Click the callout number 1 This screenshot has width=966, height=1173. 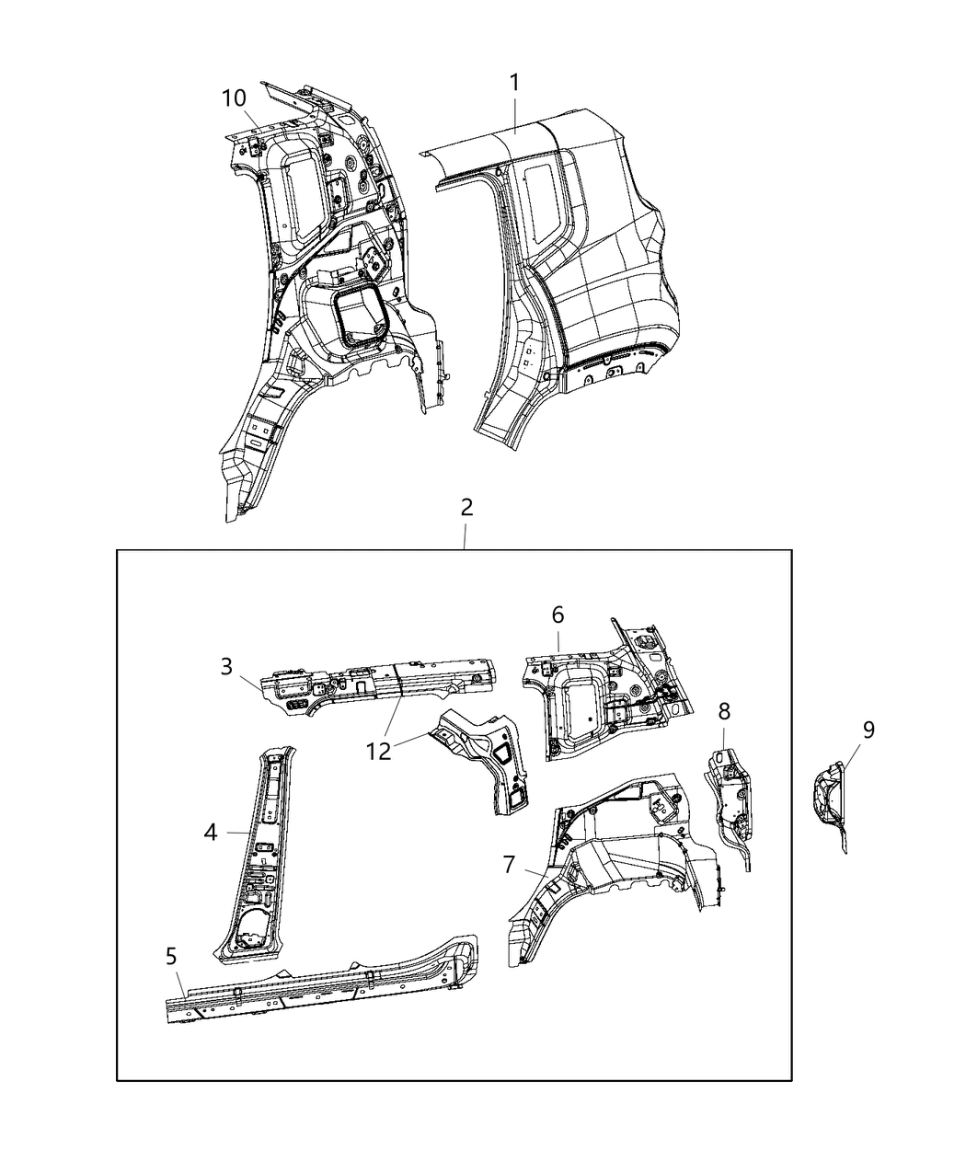pyautogui.click(x=515, y=83)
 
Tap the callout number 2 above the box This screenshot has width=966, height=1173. pyautogui.click(x=466, y=507)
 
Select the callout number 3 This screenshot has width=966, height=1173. pyautogui.click(x=227, y=666)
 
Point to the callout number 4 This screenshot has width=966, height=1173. pyautogui.click(x=211, y=833)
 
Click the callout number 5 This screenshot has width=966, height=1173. pyautogui.click(x=172, y=957)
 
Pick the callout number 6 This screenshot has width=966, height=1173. pyautogui.click(x=558, y=615)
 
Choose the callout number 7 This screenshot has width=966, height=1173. pyautogui.click(x=509, y=865)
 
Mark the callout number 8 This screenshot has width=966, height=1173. pyautogui.click(x=725, y=710)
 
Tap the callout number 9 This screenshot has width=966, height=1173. pyautogui.click(x=868, y=730)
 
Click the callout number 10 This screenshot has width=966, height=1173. pyautogui.click(x=234, y=98)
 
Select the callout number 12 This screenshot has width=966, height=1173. pyautogui.click(x=378, y=751)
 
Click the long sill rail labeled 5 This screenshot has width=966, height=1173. pyautogui.click(x=322, y=966)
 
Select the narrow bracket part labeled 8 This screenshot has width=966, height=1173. pyautogui.click(x=731, y=791)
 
